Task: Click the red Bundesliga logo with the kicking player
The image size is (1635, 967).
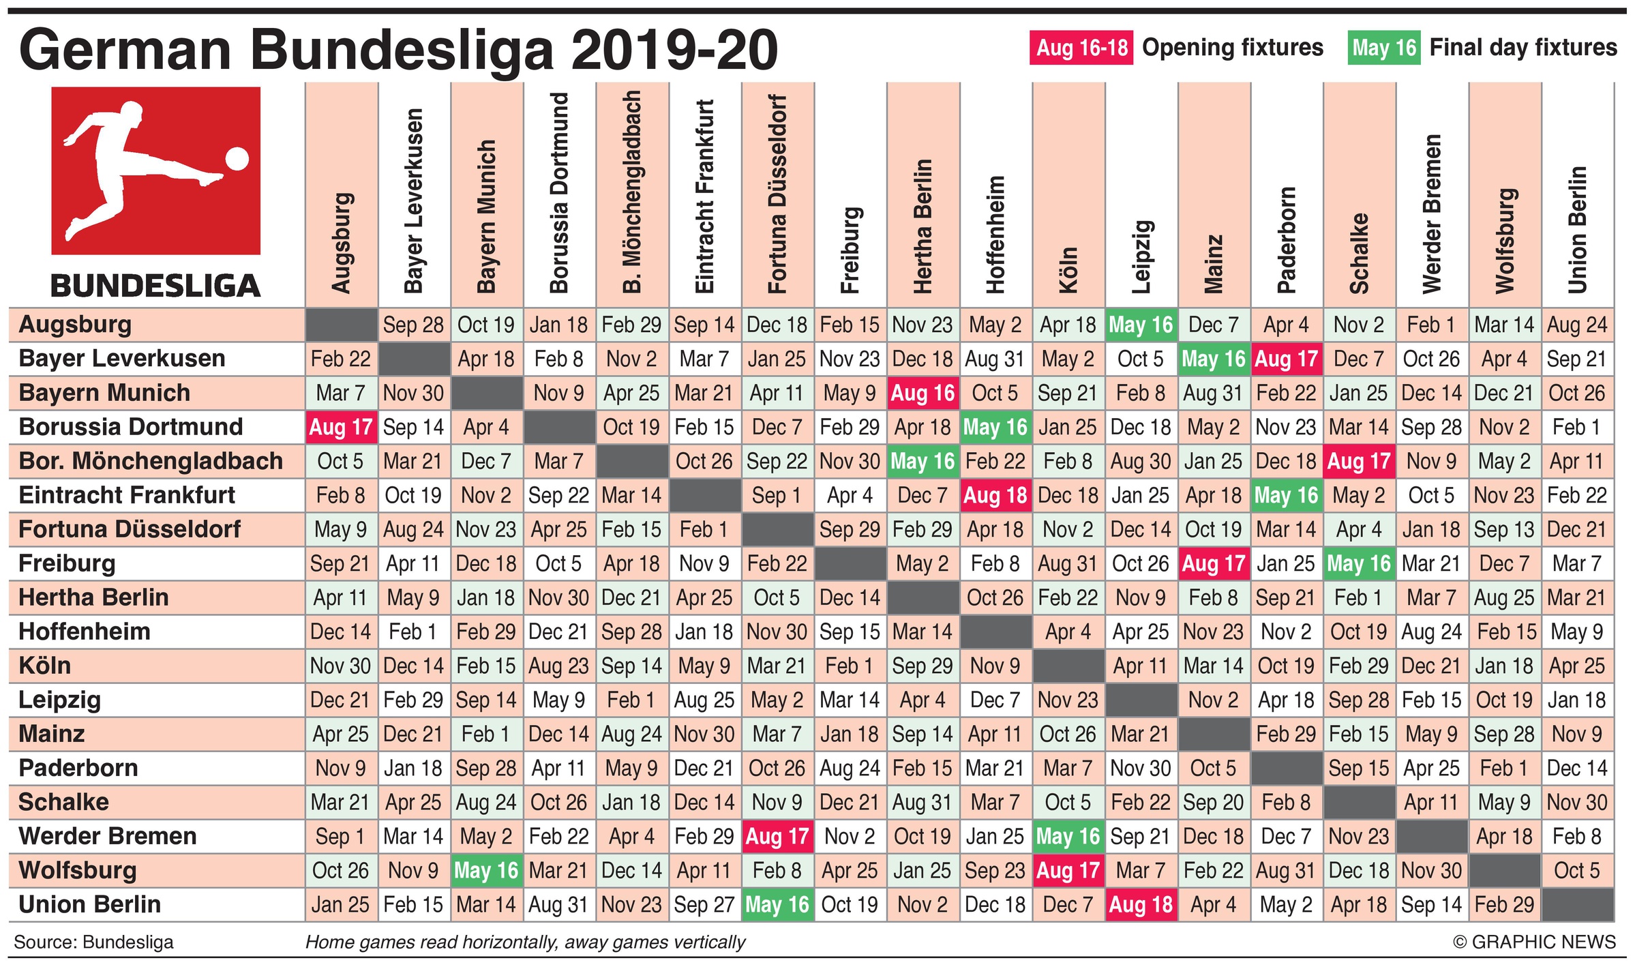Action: (155, 170)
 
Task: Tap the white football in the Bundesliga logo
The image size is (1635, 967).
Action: (237, 159)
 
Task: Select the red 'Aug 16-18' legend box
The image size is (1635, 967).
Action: (1081, 48)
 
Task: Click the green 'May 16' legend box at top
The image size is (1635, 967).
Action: (1383, 48)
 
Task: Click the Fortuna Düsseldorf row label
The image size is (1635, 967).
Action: (130, 529)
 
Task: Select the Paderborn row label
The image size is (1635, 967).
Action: (78, 768)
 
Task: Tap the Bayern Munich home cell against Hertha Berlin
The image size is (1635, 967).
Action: (922, 393)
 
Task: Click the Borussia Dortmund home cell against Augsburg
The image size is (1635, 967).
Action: (341, 427)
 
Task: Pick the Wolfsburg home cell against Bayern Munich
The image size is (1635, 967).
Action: (486, 870)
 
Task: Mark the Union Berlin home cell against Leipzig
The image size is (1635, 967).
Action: (1141, 904)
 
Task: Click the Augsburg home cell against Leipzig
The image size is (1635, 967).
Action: (1141, 325)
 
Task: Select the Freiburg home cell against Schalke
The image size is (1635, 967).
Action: (1359, 563)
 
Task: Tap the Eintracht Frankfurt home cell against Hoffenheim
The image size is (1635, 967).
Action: (995, 495)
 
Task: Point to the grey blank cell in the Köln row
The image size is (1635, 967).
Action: (1068, 666)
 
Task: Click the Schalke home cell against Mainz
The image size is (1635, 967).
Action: (1214, 802)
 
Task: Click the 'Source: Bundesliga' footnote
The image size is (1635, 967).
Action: (93, 942)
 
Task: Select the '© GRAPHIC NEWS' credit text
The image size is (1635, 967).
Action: (1534, 942)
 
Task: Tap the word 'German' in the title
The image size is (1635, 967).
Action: (125, 51)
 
